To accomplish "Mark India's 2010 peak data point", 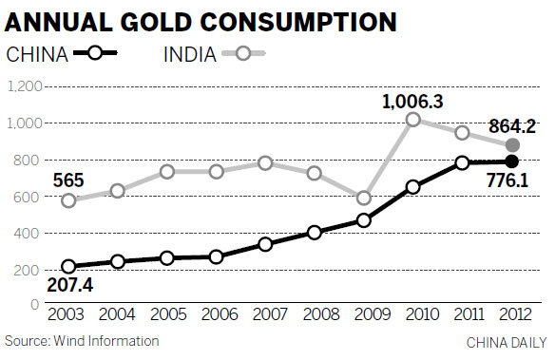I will point(412,120).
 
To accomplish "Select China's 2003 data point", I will point(68,267).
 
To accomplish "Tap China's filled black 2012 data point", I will point(512,161).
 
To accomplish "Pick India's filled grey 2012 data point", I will point(512,145).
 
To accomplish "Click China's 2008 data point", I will point(314,233).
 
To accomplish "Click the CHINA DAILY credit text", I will point(507,341).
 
